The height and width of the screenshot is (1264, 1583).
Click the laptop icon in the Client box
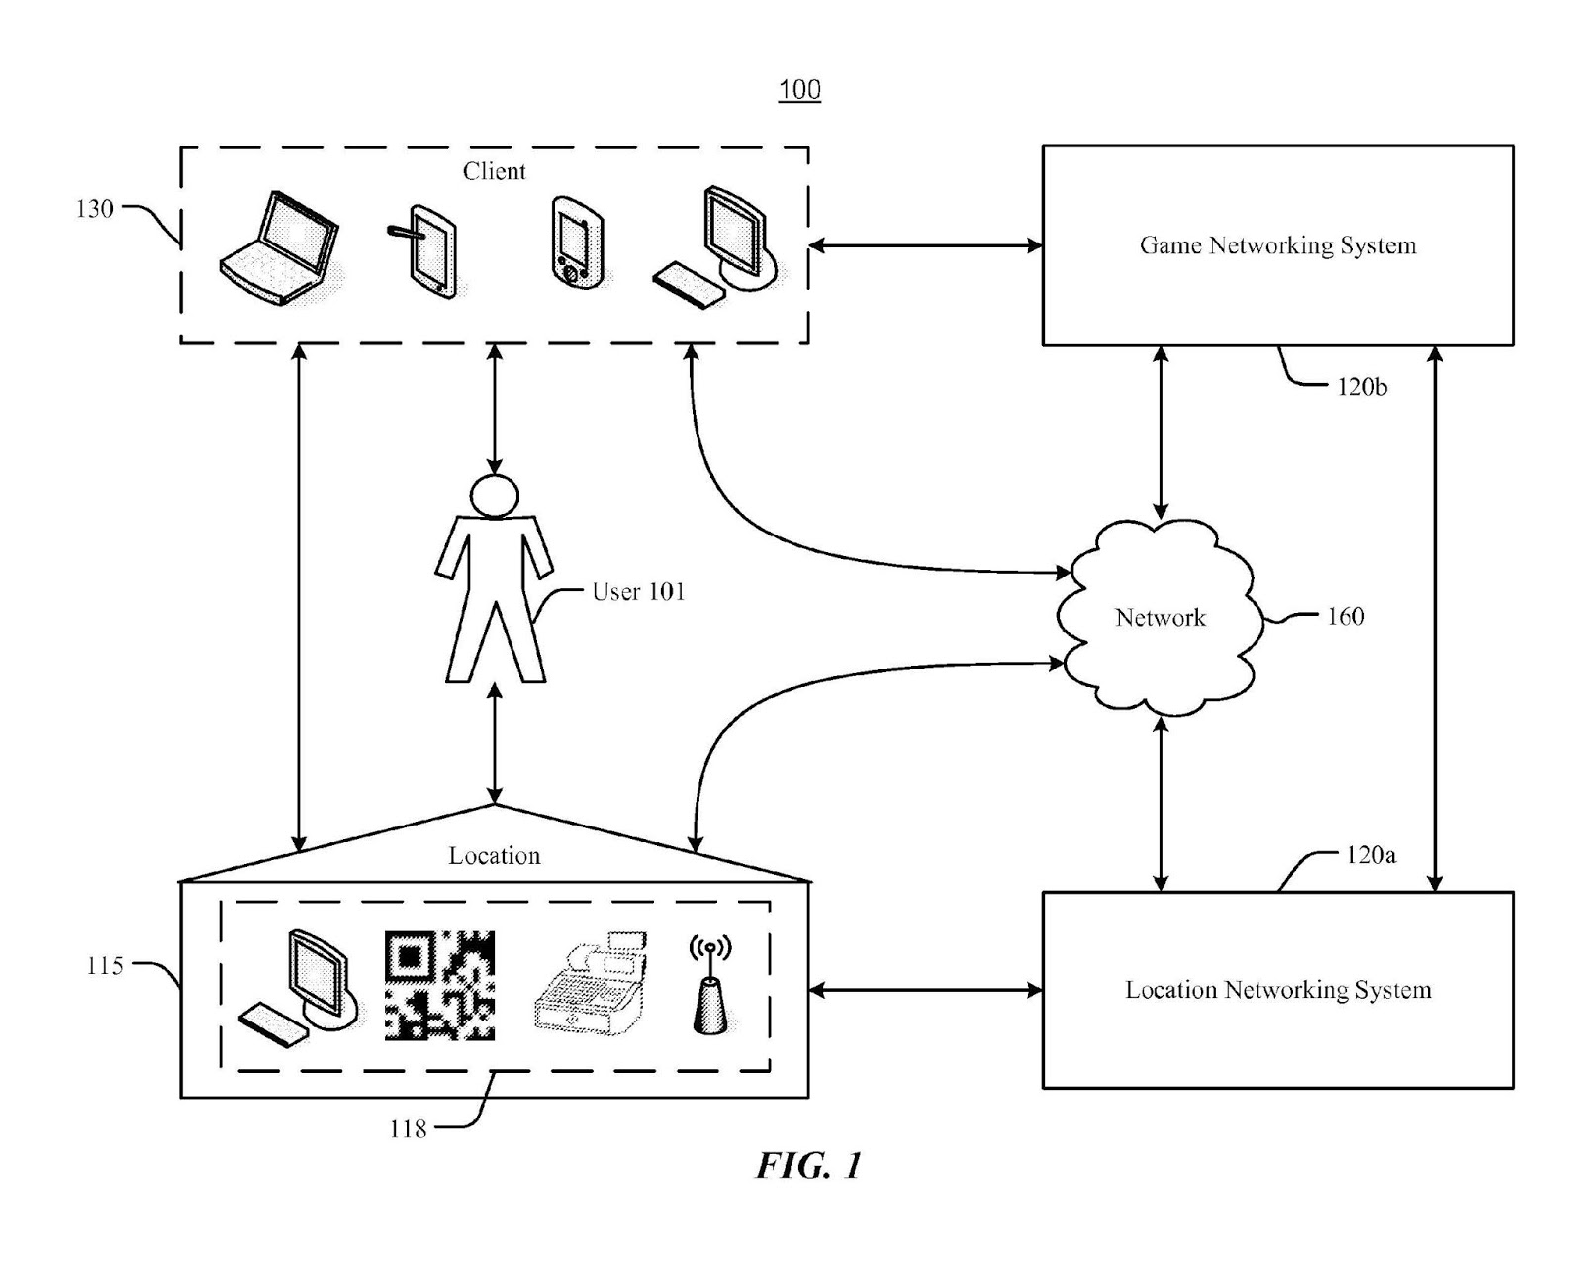(x=279, y=248)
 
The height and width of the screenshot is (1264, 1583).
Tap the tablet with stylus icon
(x=424, y=250)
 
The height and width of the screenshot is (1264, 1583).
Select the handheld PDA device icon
(x=577, y=243)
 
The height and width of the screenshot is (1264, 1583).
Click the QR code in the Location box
(x=439, y=985)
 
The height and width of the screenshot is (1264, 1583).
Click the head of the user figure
(x=494, y=495)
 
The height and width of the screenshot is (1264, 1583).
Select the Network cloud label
(x=1161, y=618)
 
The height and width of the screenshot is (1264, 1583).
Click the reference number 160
(x=1345, y=617)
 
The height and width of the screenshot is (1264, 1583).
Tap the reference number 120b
(x=1361, y=387)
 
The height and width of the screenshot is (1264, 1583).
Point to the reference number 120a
(x=1370, y=855)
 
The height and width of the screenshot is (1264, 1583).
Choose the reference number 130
(x=95, y=209)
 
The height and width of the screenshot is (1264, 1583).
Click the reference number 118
(x=408, y=1128)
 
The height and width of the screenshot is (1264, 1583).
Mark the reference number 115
(x=105, y=966)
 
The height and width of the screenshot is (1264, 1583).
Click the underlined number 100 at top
(x=799, y=90)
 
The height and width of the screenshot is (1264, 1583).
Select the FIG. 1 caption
(x=809, y=1166)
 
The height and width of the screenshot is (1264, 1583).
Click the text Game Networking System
(x=1277, y=245)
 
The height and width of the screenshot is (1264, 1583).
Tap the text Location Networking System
(x=1277, y=990)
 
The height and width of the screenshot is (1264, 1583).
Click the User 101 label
(x=638, y=592)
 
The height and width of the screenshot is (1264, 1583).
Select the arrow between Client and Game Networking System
(x=925, y=245)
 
